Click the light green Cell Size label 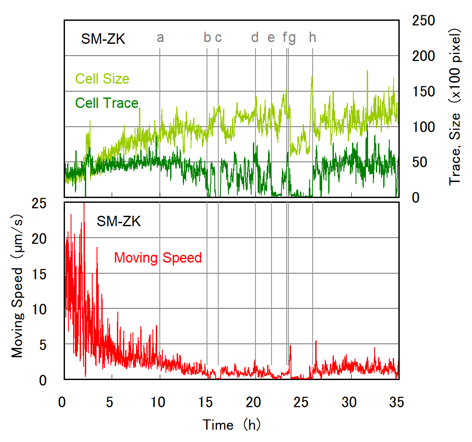pyautogui.click(x=102, y=79)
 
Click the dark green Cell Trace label pyautogui.click(x=107, y=103)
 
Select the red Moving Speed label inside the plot pyautogui.click(x=158, y=258)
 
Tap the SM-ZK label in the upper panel pyautogui.click(x=103, y=39)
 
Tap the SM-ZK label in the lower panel pyautogui.click(x=119, y=222)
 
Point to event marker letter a pyautogui.click(x=160, y=38)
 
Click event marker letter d pyautogui.click(x=255, y=38)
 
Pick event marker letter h pyautogui.click(x=313, y=38)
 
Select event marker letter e pyautogui.click(x=271, y=38)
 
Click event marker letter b pyautogui.click(x=207, y=38)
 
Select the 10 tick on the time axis pyautogui.click(x=160, y=403)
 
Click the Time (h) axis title pyautogui.click(x=232, y=425)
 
